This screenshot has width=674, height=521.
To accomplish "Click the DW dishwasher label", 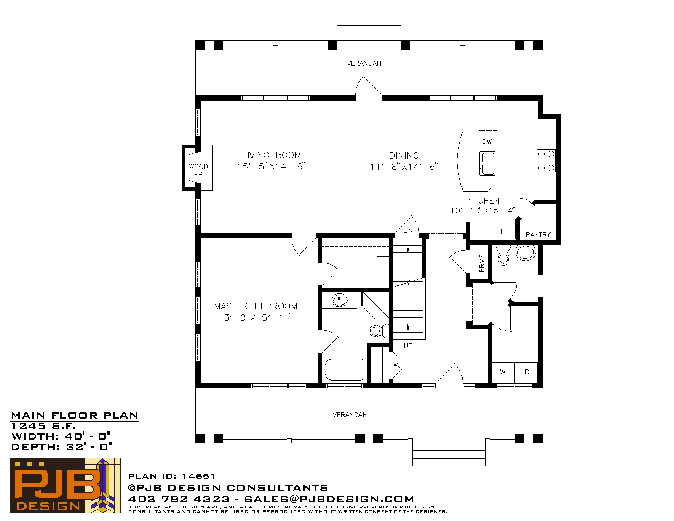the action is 487,142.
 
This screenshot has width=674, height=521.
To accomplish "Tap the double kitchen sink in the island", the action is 487,163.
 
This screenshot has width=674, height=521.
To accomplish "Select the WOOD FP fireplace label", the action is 198,170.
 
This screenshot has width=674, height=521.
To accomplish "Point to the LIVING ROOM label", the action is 271,155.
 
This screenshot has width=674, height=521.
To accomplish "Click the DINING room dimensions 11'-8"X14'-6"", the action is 404,167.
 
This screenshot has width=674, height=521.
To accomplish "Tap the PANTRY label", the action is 538,235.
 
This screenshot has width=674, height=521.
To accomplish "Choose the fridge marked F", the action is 502,229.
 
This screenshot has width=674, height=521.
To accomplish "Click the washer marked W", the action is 503,372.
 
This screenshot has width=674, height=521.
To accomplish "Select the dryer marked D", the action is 526,372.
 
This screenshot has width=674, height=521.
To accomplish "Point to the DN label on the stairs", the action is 408,231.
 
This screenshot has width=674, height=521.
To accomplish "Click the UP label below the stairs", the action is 408,346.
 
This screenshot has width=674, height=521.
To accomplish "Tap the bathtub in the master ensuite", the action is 344,370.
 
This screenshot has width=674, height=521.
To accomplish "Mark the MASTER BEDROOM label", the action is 256,306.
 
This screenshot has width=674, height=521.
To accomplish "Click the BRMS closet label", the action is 481,263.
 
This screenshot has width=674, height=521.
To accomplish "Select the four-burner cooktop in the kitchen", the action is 546,161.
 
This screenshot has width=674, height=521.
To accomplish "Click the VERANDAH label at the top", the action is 364,63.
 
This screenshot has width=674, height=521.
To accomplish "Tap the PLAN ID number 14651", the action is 198,476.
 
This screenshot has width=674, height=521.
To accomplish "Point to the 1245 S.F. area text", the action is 43,426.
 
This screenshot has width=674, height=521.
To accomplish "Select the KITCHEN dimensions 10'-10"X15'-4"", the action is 483,211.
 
